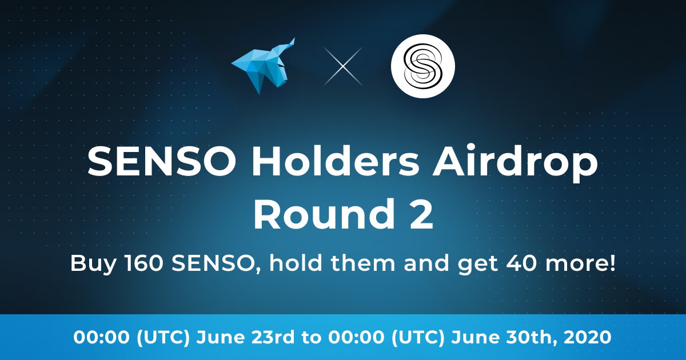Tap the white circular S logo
422,66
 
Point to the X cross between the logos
343,66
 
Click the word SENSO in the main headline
162,161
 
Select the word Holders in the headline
335,161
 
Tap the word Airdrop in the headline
515,165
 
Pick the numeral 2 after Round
422,213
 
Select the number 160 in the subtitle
143,263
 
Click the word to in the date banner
312,338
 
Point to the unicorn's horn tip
294,38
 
